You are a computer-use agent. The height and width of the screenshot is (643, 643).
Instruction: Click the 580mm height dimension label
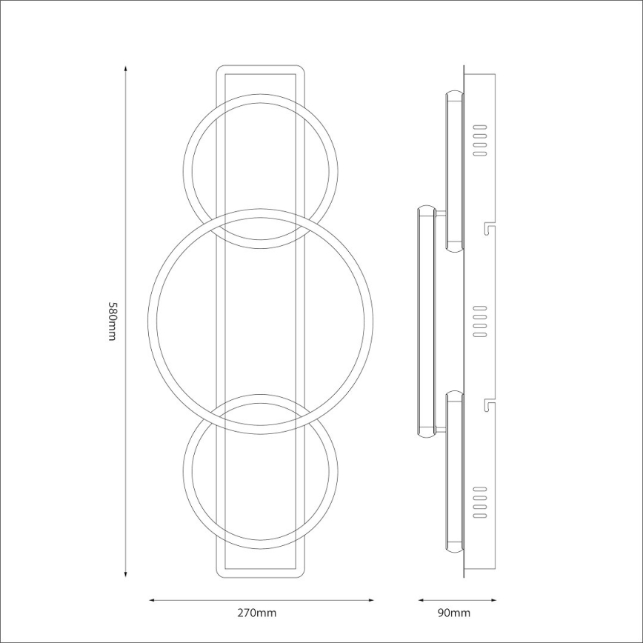click(x=113, y=321)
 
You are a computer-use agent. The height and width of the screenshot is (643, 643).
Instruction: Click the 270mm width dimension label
click(x=257, y=613)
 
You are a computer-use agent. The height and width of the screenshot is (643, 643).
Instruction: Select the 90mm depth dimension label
click(x=454, y=613)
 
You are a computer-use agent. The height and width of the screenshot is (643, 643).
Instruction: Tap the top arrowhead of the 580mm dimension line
click(x=126, y=69)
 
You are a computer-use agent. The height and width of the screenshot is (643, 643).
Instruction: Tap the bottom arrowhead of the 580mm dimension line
click(x=126, y=574)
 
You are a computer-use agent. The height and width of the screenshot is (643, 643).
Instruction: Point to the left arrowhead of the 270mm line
click(x=152, y=601)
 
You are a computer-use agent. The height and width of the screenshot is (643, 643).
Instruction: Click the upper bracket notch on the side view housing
click(x=487, y=225)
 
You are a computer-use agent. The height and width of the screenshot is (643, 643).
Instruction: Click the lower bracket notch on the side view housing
click(x=487, y=404)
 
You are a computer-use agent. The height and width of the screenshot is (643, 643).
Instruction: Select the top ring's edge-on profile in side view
click(x=454, y=171)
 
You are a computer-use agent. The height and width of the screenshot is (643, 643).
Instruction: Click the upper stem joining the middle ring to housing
click(x=442, y=214)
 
